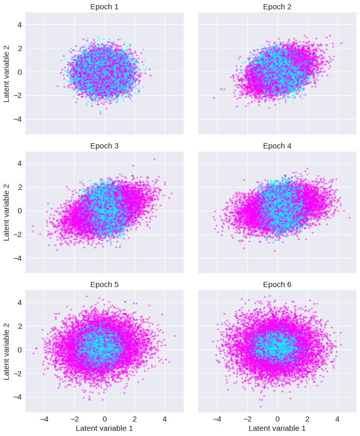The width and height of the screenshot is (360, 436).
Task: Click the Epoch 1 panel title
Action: (104, 7)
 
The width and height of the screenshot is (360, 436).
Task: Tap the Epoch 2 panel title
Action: (277, 7)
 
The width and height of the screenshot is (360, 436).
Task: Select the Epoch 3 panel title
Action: (104, 146)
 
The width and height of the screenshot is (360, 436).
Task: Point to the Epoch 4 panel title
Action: (277, 146)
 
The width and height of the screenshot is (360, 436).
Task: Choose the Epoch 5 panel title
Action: (104, 284)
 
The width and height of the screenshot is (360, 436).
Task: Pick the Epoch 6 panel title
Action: (277, 284)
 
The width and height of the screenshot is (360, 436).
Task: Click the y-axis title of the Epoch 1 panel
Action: (7, 73)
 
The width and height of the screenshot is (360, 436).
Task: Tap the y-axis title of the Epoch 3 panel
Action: (7, 212)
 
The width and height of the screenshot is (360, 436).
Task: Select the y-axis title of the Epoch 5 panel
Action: (7, 351)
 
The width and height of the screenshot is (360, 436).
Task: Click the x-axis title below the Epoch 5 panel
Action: (104, 428)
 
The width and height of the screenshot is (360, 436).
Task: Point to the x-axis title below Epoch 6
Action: (277, 428)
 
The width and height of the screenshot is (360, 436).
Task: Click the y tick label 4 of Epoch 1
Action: (20, 25)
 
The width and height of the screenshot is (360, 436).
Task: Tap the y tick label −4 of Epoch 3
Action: (18, 258)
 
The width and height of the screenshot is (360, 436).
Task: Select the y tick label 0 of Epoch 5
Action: (20, 350)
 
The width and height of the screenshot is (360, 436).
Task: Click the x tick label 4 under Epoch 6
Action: (337, 419)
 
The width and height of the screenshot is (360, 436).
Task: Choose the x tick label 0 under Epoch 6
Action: (277, 419)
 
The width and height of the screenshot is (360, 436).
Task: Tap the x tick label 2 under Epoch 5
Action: (135, 419)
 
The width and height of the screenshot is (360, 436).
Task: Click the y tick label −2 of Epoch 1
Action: (18, 96)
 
